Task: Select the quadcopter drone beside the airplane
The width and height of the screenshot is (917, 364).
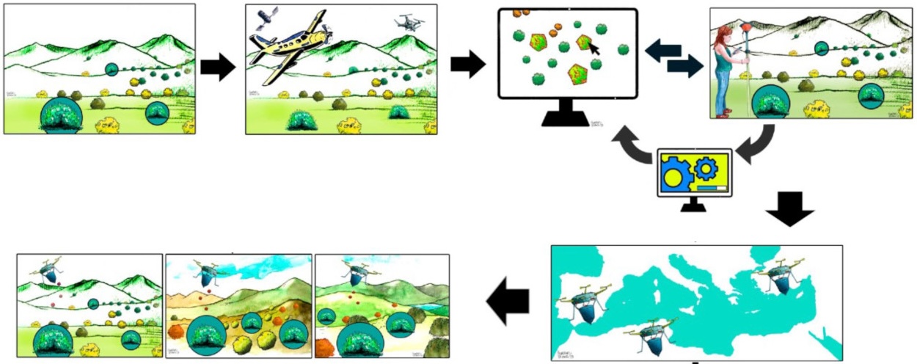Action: [x=409, y=22]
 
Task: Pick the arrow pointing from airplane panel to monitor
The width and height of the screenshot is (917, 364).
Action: [x=467, y=65]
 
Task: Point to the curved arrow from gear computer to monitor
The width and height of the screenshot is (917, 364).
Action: [x=632, y=145]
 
